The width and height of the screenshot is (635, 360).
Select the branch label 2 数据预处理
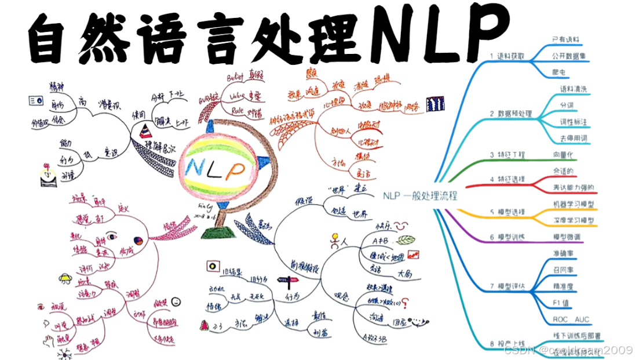coord(510,114)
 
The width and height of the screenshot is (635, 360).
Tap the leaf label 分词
coord(566,106)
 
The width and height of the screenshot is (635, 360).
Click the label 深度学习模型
coord(574,221)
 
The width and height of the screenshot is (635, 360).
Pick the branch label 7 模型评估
coord(508,286)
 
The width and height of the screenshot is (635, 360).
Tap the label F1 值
coord(561,303)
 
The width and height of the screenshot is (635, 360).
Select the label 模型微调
coord(568,237)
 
